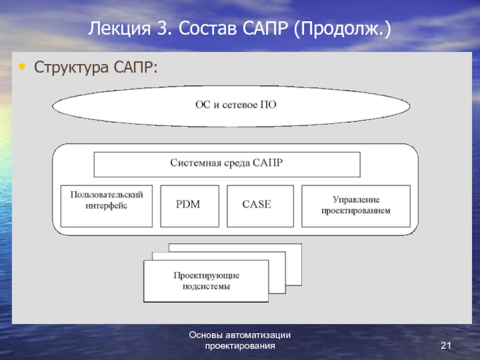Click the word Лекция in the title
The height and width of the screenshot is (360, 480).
[119, 29]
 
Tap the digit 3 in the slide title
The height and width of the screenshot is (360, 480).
[164, 28]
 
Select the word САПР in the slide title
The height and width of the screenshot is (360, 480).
[265, 28]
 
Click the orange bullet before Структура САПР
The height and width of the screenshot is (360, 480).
[22, 67]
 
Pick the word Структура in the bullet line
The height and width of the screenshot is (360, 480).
[71, 67]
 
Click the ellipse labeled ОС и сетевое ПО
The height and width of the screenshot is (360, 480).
[231, 106]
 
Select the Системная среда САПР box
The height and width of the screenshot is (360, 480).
[227, 164]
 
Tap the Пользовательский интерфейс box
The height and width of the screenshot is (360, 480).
[107, 206]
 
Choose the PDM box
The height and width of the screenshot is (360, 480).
[190, 206]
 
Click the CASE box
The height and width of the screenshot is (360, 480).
[260, 206]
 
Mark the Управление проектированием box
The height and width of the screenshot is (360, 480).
[356, 206]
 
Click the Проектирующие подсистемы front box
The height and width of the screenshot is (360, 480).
[206, 281]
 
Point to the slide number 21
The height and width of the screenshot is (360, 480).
[446, 346]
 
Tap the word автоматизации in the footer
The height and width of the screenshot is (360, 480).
[258, 335]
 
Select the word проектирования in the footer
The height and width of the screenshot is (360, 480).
[240, 346]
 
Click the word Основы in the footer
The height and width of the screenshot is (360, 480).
[206, 335]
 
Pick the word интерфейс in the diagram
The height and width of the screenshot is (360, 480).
[106, 205]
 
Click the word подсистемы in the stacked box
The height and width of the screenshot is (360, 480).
[206, 286]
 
